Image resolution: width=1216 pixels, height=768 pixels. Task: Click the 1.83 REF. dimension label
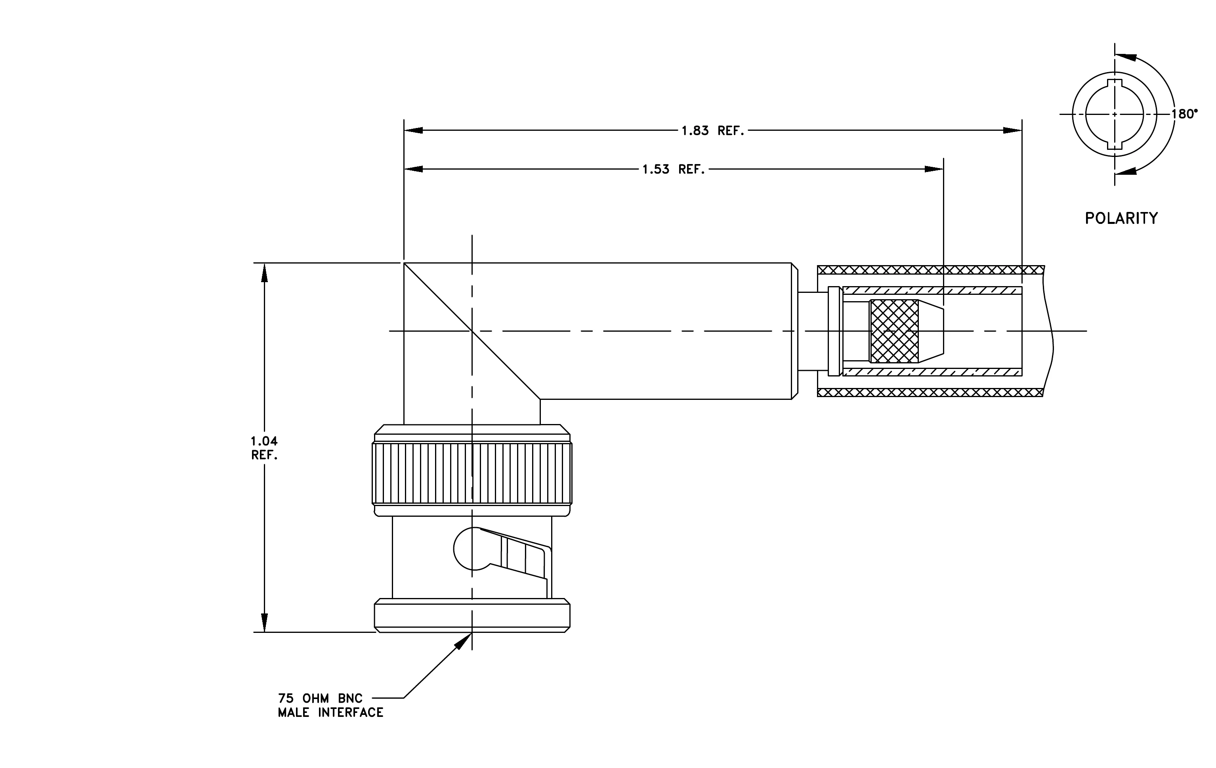coord(713,131)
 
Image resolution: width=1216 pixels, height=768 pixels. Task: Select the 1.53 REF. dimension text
coord(674,169)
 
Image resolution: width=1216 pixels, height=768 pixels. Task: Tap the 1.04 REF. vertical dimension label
coord(265,448)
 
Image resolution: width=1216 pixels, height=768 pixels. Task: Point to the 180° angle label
coord(1185,114)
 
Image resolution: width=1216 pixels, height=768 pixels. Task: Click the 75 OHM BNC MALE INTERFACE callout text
coord(331,705)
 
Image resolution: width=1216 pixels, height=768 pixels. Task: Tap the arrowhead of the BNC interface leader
coord(462,641)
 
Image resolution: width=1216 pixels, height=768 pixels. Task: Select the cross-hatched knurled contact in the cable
coord(894,331)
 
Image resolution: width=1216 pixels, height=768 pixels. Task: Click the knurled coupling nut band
coord(472,474)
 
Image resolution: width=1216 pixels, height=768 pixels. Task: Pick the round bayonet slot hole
coord(467,549)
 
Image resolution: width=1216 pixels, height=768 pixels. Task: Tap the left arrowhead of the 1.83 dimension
coord(414,130)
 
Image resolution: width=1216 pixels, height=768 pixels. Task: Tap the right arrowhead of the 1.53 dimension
coord(934,169)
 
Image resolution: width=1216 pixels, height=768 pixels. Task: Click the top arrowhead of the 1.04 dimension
coord(264,272)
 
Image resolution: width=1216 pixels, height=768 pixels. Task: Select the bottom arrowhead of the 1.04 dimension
coord(264,623)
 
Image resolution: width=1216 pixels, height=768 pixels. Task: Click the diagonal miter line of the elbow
coord(472,331)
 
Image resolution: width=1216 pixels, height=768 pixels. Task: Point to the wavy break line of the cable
coord(1048,331)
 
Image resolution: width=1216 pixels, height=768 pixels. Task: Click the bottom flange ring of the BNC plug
coord(472,615)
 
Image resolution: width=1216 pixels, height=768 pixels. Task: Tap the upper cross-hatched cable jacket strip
coord(931,269)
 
